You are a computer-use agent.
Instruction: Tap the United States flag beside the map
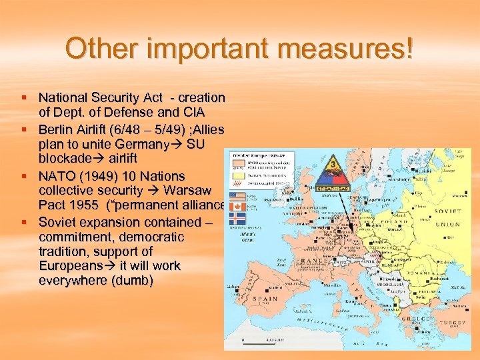tap(237, 196)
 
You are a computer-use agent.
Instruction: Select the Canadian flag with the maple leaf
tap(237, 207)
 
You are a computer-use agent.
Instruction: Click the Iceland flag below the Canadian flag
tap(237, 218)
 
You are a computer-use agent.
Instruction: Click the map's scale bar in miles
tap(259, 341)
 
